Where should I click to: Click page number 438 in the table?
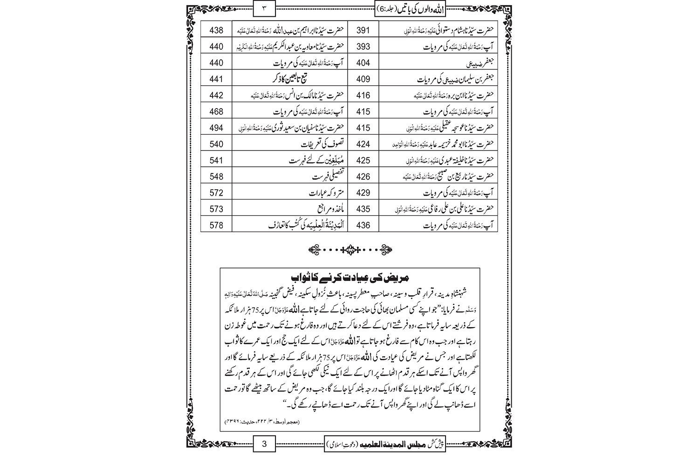point(216,31)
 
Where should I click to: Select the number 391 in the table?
point(363,31)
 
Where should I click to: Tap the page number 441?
point(216,79)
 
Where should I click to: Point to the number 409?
point(363,79)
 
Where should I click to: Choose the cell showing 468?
point(216,112)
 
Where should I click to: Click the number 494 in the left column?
point(216,128)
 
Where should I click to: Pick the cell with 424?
point(363,144)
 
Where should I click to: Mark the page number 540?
point(216,144)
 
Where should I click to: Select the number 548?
point(216,177)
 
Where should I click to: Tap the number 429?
point(363,193)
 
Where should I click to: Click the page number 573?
point(216,209)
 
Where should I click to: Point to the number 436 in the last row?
point(363,226)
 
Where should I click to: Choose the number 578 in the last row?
point(216,226)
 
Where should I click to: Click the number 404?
point(363,63)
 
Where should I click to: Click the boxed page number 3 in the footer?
point(264,444)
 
